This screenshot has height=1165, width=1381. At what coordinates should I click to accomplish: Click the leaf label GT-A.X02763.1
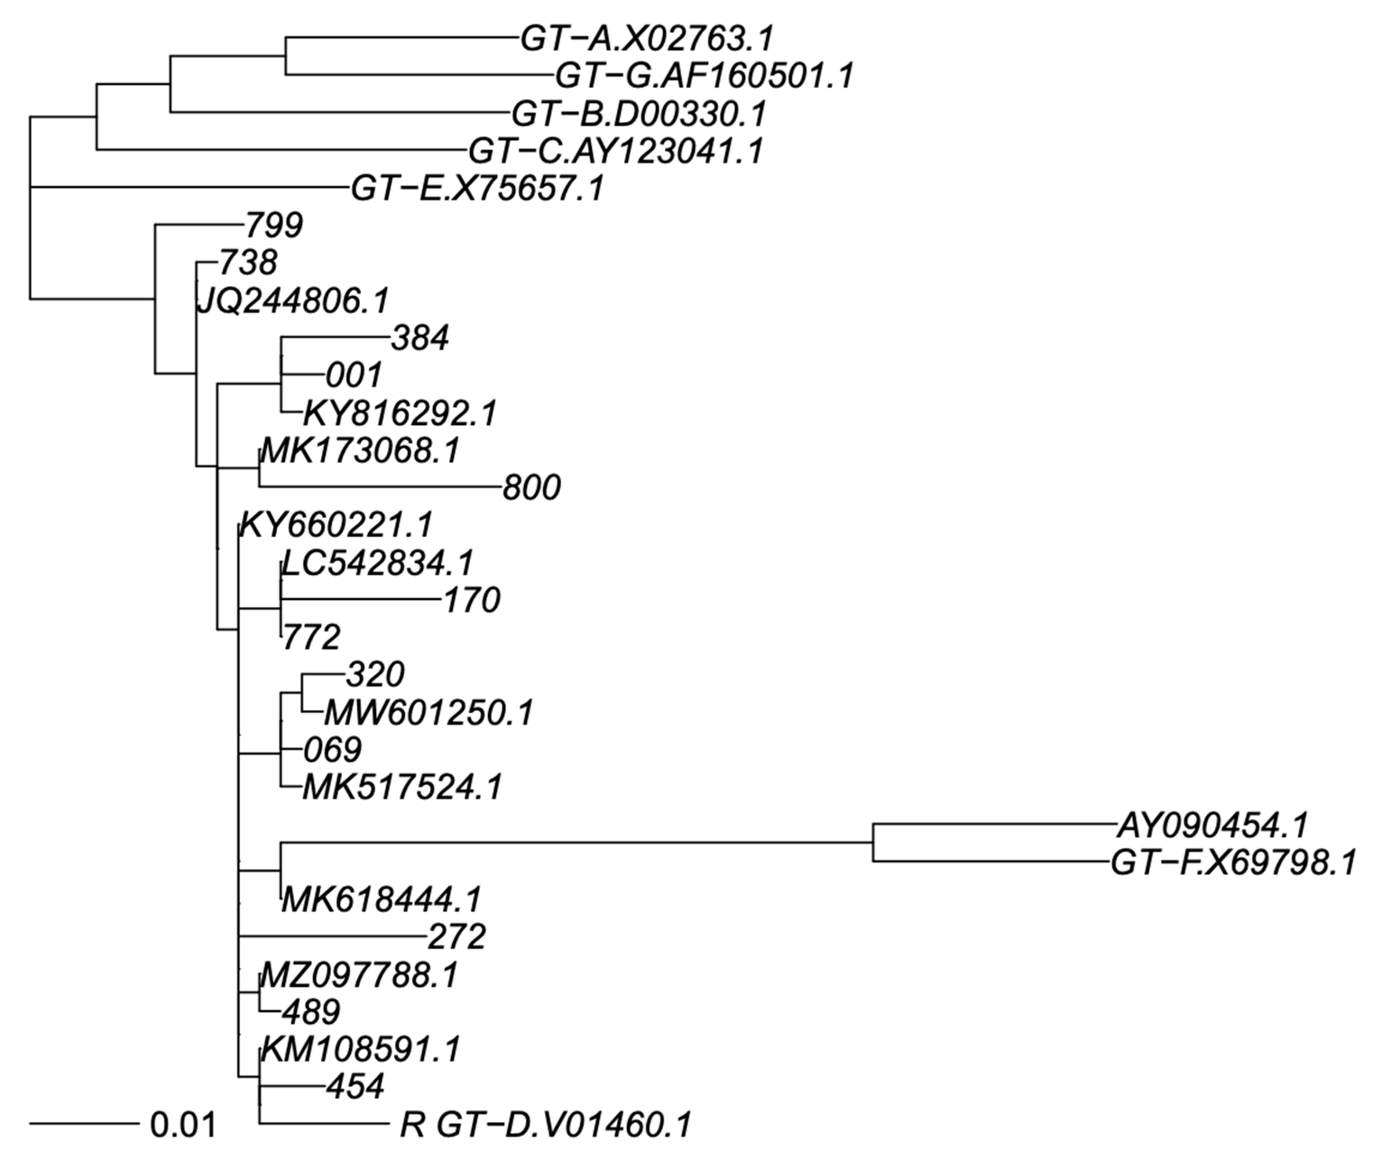[x=646, y=39]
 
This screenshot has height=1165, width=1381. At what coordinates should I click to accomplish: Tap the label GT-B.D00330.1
[x=638, y=114]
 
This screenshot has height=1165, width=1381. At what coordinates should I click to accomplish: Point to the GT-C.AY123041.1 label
[x=616, y=151]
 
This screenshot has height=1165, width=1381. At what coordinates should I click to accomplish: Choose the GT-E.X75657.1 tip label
[x=477, y=189]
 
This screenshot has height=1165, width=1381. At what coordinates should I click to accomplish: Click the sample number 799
[x=274, y=226]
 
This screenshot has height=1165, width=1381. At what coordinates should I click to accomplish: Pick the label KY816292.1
[x=400, y=414]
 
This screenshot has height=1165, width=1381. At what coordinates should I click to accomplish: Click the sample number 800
[x=531, y=489]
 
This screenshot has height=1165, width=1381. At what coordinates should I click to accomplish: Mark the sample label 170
[x=471, y=601]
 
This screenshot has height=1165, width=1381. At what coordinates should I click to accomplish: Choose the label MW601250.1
[x=428, y=713]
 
